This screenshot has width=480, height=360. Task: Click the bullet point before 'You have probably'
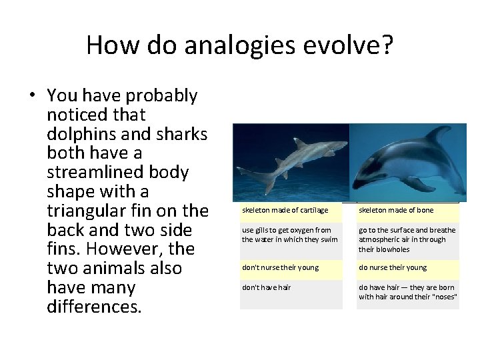point(31,96)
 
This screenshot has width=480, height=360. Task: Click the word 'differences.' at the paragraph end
point(94,307)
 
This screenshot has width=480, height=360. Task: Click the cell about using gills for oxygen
point(291,235)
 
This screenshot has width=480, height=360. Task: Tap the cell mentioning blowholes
point(407,239)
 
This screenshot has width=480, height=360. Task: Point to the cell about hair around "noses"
point(407,293)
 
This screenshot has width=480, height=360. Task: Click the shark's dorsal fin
point(301,142)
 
